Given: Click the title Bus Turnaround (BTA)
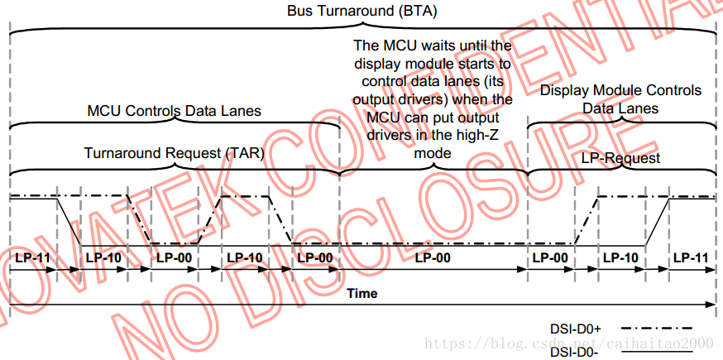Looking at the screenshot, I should tap(361, 12).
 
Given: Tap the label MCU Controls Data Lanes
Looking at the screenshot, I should tap(174, 111).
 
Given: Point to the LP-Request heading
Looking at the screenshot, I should tap(621, 157).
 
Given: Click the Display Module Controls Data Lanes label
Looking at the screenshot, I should tap(620, 99).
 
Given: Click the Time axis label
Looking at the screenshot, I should tap(361, 293).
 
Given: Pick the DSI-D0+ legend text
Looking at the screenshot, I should tap(572, 327).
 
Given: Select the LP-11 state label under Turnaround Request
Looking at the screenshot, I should tap(32, 257).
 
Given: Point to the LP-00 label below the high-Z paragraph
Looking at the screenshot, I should tap(433, 257).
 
